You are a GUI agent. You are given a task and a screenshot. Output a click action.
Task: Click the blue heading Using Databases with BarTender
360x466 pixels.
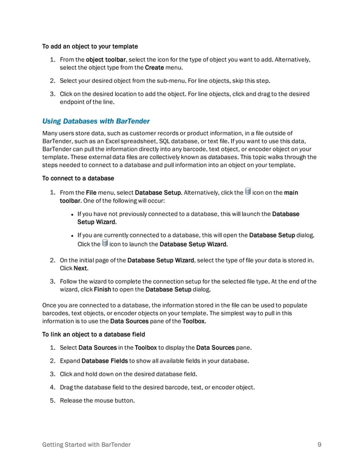[96, 121]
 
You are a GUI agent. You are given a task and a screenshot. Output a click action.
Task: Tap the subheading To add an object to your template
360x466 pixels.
[90, 46]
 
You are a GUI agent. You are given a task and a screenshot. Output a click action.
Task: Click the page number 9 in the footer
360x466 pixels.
[319, 445]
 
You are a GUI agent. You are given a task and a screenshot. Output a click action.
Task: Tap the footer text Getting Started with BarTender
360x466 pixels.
[87, 445]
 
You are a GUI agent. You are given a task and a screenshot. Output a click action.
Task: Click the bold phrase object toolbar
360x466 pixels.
[106, 59]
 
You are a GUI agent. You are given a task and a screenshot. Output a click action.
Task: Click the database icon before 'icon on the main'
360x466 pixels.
[247, 192]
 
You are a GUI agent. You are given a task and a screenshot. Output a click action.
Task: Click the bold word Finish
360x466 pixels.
[102, 289]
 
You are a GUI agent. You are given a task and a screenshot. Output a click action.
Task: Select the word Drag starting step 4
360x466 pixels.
[66, 387]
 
